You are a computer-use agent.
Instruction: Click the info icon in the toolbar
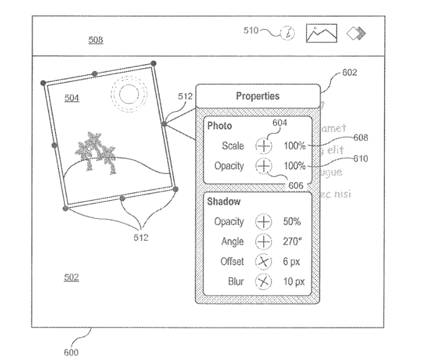click(288, 33)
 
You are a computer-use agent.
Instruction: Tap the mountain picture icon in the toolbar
click(321, 33)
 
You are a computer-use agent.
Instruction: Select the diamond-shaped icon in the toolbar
click(356, 34)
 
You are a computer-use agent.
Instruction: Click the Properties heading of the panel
click(257, 96)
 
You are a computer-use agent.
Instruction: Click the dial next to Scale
click(263, 146)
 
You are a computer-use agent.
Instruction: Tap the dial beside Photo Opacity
click(263, 166)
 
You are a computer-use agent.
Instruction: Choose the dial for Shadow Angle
click(263, 242)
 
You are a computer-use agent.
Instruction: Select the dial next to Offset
click(263, 262)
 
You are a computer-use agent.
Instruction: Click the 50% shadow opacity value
click(292, 222)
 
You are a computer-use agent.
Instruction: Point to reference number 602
click(349, 73)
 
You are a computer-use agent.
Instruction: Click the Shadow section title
click(224, 202)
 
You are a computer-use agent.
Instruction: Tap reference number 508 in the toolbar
click(96, 40)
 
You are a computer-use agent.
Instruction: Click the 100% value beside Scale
click(295, 146)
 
